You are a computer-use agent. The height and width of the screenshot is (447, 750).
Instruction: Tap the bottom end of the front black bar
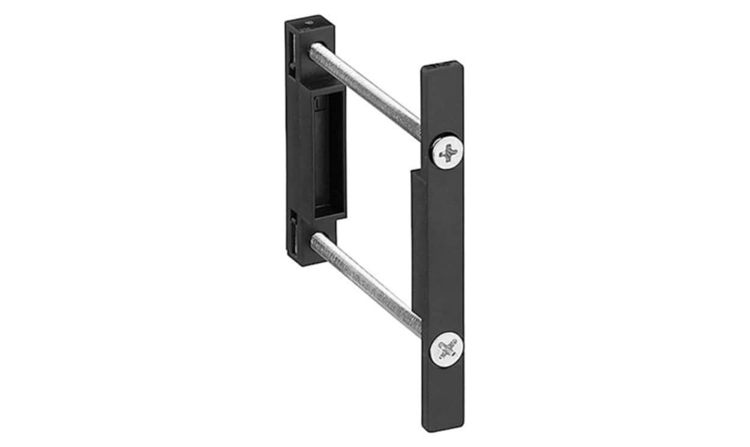[x=443, y=423]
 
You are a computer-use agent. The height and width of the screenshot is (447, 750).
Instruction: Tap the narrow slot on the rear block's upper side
[x=292, y=51]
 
